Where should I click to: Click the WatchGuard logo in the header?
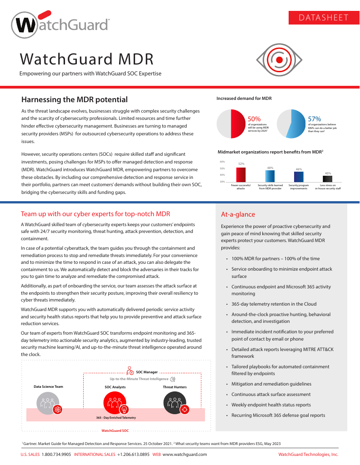point(60,26)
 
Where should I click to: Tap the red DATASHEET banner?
point(324,18)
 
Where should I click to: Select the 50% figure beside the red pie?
point(254,119)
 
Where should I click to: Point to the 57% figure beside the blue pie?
point(315,119)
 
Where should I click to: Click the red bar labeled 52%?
point(241,175)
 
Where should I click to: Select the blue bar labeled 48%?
point(270,177)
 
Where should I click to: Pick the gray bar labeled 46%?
point(299,177)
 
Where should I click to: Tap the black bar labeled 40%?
point(327,178)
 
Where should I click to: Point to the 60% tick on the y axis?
point(222,162)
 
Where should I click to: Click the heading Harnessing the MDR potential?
point(75,99)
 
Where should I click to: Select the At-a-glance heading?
point(238,214)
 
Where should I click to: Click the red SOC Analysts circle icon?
point(112,401)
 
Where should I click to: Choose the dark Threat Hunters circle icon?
point(175,402)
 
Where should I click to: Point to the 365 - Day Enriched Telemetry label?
point(116,418)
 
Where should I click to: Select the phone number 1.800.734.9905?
point(56,454)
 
